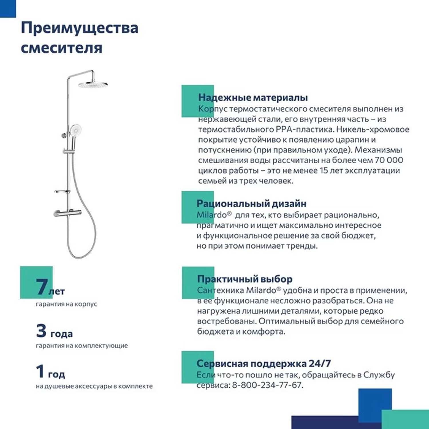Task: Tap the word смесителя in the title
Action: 61,47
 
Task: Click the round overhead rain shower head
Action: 93,85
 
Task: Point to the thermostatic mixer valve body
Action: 68,213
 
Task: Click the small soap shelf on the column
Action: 62,191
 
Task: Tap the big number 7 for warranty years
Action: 42,286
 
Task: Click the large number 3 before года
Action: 41,331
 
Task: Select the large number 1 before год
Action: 40,371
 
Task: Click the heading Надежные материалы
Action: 253,98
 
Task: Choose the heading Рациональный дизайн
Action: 251,204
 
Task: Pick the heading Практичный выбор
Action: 245,279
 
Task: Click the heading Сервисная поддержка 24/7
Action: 263,364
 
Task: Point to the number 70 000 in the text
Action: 389,160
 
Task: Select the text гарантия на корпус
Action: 66,304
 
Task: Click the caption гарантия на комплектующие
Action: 82,345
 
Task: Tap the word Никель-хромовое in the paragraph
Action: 373,130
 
